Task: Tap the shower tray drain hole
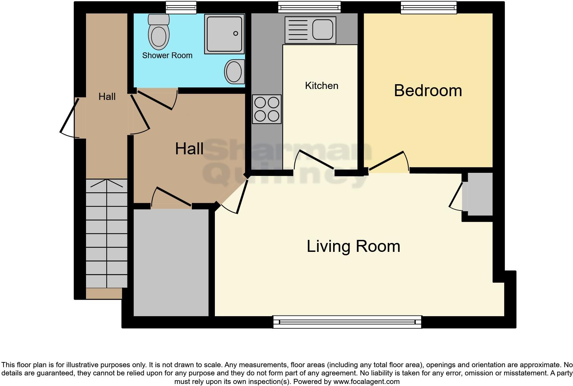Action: coord(235,33)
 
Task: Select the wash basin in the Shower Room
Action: coord(234,72)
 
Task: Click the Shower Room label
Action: coord(167,55)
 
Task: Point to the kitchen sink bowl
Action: coord(323,29)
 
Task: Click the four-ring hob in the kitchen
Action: coord(267,109)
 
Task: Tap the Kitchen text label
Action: coord(321,86)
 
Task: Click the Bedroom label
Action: coord(428,91)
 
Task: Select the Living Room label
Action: coord(353,246)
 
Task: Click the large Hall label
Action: coord(189,149)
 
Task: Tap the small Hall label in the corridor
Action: coord(107,97)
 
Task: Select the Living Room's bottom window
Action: coord(347,322)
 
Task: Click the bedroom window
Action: coord(429,8)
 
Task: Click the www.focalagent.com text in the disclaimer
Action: coord(366,381)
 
